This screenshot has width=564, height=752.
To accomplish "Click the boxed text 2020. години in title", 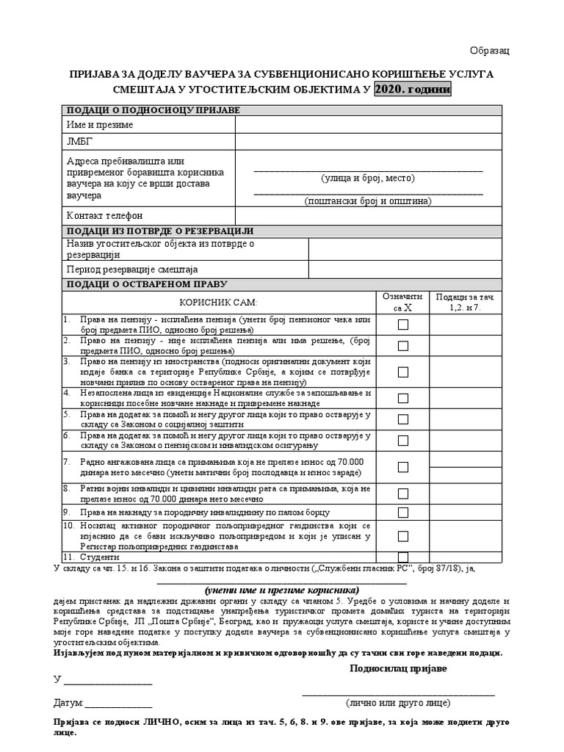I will coord(413,90).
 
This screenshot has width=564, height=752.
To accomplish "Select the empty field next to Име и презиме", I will coord(368,125).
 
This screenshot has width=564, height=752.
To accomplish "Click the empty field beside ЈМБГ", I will coord(368,142).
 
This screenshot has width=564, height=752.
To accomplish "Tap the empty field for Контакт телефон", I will coord(368,215).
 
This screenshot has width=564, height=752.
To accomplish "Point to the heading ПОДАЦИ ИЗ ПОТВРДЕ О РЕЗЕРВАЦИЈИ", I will coord(159,231).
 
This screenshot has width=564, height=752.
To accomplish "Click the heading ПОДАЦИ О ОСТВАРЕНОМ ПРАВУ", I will coord(147,284).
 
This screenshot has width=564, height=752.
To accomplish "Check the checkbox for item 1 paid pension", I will coord(403,325).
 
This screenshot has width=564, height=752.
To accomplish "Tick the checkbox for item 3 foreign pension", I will coord(403,372).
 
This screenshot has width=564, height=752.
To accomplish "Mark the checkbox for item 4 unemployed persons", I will coord(403,398).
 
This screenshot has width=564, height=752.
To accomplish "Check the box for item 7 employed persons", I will coord(403,467).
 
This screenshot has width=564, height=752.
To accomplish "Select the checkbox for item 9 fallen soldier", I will coord(403,512).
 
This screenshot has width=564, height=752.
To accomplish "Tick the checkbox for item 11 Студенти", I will coord(403,557).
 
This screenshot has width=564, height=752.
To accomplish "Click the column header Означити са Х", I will coord(402,302).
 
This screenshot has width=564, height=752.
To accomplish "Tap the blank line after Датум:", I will coord(118,703).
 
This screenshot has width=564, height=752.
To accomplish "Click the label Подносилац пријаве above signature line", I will coord(397,668).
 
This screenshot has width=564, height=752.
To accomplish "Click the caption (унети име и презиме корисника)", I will coord(282,590).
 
